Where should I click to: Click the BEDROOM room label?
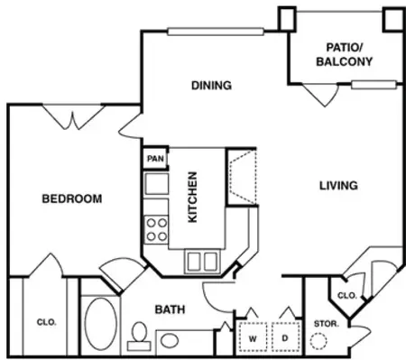pos(71,198)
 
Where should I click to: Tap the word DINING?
pos(211,86)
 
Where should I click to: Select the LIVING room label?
pos(338,186)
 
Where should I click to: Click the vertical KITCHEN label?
pos(191,198)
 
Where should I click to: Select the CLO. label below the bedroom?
pos(47,319)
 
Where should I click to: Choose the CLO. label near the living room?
pos(346,295)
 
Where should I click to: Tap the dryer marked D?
pos(286,338)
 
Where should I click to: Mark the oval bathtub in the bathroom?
pos(101,326)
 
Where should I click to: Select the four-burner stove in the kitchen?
pos(156,228)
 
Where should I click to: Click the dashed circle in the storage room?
pos(319,341)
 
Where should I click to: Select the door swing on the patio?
pos(317,93)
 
